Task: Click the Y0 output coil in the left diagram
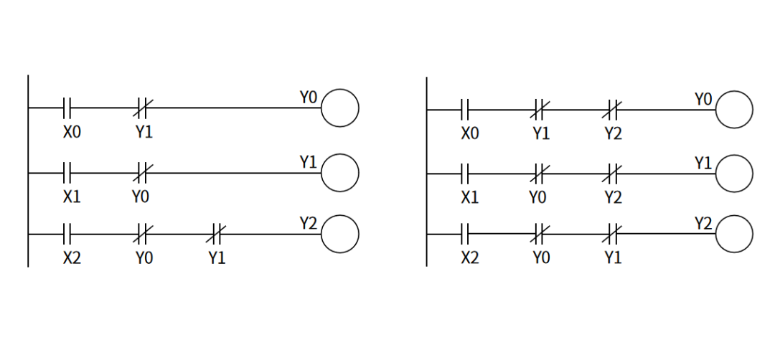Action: pos(339,108)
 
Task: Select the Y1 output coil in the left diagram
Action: pos(339,173)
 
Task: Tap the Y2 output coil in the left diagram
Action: pos(339,234)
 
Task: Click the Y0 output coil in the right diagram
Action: pos(734,110)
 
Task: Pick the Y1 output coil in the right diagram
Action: pos(734,174)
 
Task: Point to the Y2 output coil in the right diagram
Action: pos(734,234)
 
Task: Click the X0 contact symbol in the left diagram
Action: pos(67,108)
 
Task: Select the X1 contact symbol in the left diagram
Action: pos(67,173)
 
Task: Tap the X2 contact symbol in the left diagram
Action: pos(67,234)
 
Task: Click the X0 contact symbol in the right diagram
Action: pos(465,110)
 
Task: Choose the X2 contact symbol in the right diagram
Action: pos(465,234)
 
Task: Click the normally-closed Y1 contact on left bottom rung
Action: pos(217,234)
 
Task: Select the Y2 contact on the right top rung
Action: pos(612,110)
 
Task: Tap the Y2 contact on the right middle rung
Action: pos(612,174)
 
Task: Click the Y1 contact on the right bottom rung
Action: pos(612,234)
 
